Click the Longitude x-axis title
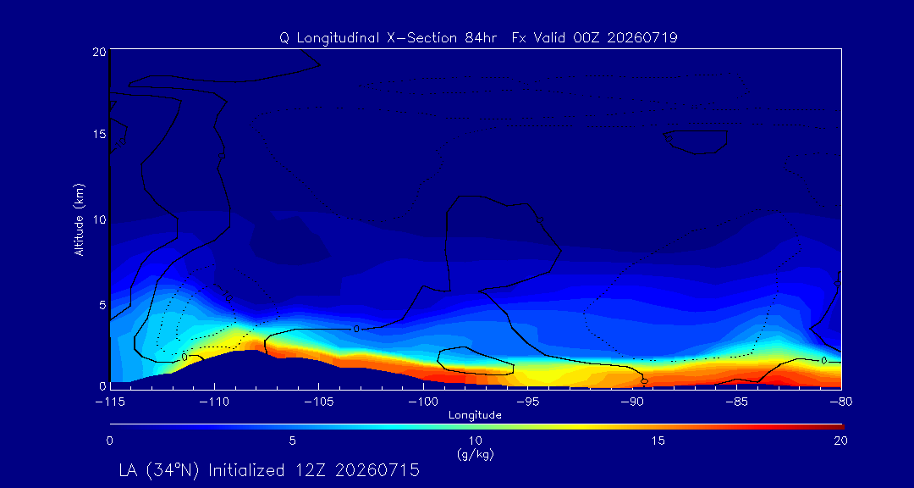point(475,416)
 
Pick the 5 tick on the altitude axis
point(102,305)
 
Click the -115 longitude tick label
point(110,402)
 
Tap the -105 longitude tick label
point(318,402)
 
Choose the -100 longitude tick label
point(423,402)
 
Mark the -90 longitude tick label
point(632,402)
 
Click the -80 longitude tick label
point(841,402)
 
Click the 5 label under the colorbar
point(293,441)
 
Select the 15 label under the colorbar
point(658,441)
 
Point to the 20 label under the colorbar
point(840,441)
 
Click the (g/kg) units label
point(476,455)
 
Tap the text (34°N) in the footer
point(173,470)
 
